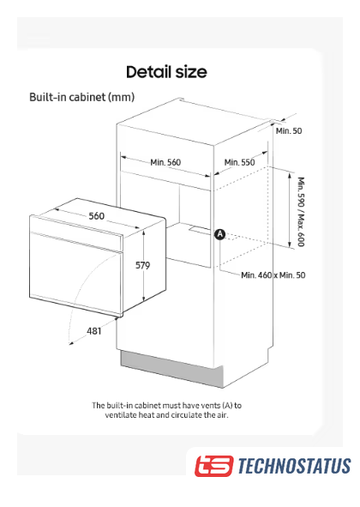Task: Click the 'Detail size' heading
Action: click(x=166, y=72)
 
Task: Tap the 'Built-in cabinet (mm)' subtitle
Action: click(x=81, y=97)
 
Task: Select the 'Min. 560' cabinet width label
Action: click(x=165, y=162)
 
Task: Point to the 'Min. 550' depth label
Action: click(x=239, y=162)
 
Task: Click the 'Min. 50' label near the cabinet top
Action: click(x=289, y=131)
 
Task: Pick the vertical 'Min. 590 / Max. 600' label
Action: click(x=301, y=212)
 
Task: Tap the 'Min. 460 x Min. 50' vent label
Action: click(x=273, y=275)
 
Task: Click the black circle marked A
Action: click(x=220, y=234)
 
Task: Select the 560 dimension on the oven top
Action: click(x=97, y=216)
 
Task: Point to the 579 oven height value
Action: click(x=142, y=265)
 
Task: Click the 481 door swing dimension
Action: click(x=93, y=331)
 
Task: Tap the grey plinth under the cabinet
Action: click(x=171, y=369)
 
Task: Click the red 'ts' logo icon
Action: click(x=213, y=466)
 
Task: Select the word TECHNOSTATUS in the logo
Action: click(x=294, y=466)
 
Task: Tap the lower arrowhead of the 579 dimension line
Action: click(x=143, y=299)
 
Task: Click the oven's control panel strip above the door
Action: click(x=76, y=233)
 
